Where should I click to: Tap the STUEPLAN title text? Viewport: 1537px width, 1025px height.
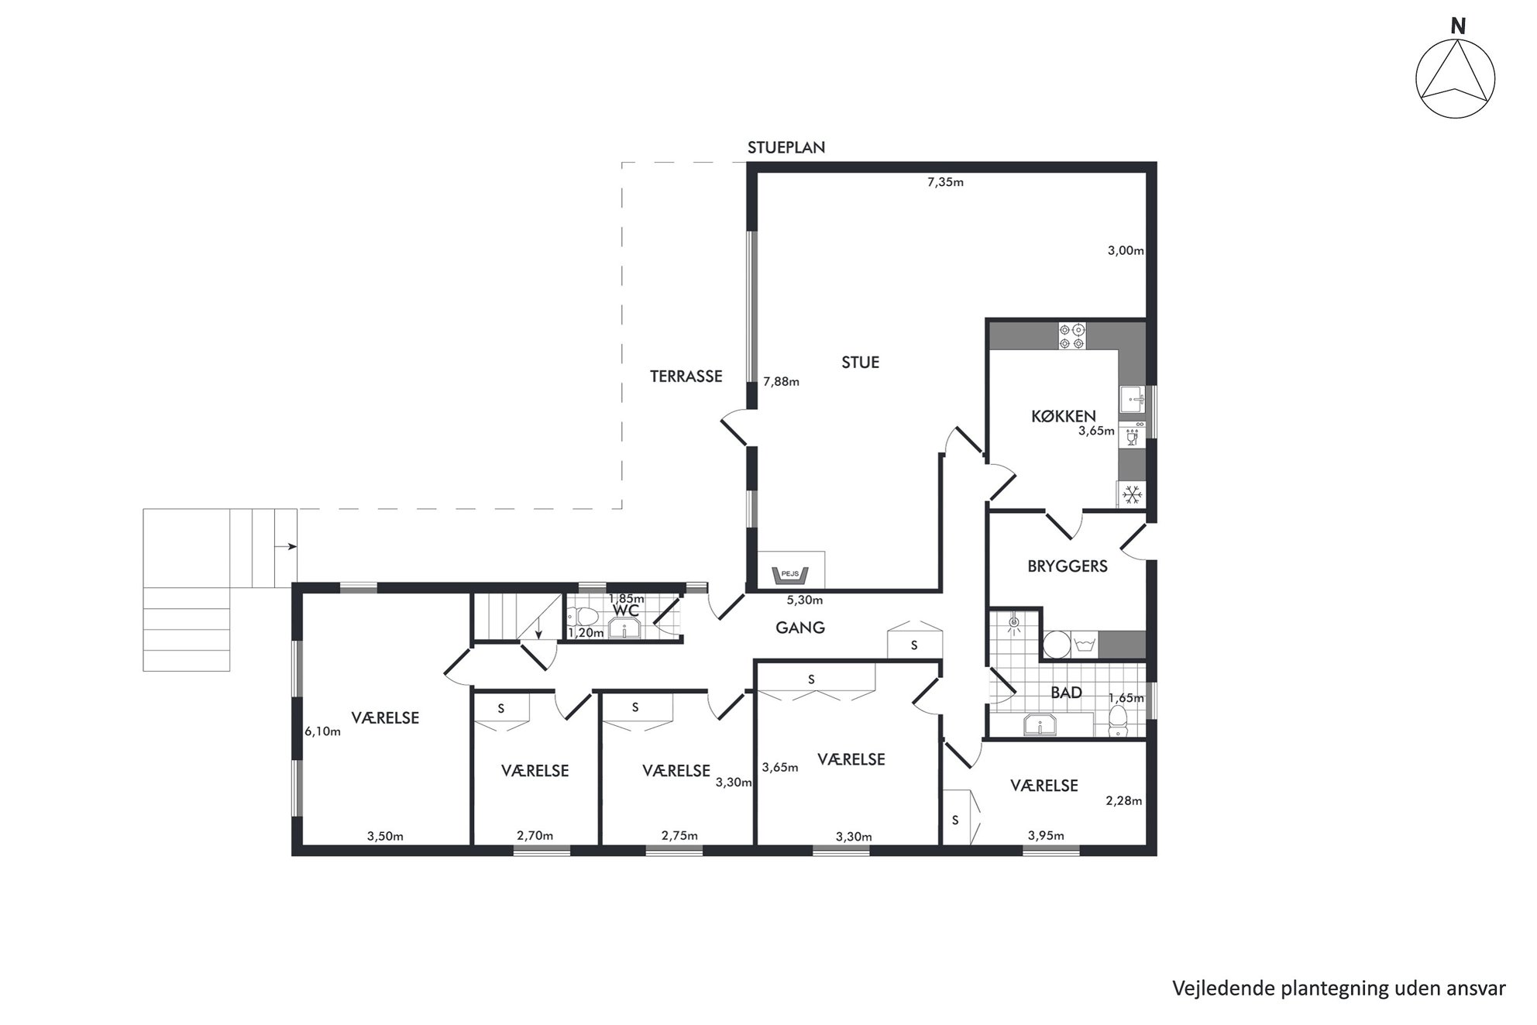[x=786, y=147]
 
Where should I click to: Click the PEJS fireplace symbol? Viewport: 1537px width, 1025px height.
[x=790, y=575]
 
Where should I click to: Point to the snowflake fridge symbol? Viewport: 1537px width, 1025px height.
[x=1133, y=494]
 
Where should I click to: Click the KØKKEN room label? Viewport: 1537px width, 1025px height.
[x=1063, y=416]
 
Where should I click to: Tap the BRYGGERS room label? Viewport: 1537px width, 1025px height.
[x=1067, y=566]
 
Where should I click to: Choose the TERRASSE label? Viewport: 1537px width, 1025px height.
[x=686, y=377]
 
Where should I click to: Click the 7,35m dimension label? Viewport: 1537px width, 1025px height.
[x=945, y=183]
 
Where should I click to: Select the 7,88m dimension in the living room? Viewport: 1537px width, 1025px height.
[x=781, y=381]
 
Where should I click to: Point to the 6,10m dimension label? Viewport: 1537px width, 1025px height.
[x=322, y=731]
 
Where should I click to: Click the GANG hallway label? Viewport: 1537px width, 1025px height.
[x=799, y=628]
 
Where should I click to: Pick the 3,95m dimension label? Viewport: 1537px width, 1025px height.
[x=1045, y=835]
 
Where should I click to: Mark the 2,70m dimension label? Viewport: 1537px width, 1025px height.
[x=535, y=835]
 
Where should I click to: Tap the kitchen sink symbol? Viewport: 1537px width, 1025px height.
[x=1132, y=400]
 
